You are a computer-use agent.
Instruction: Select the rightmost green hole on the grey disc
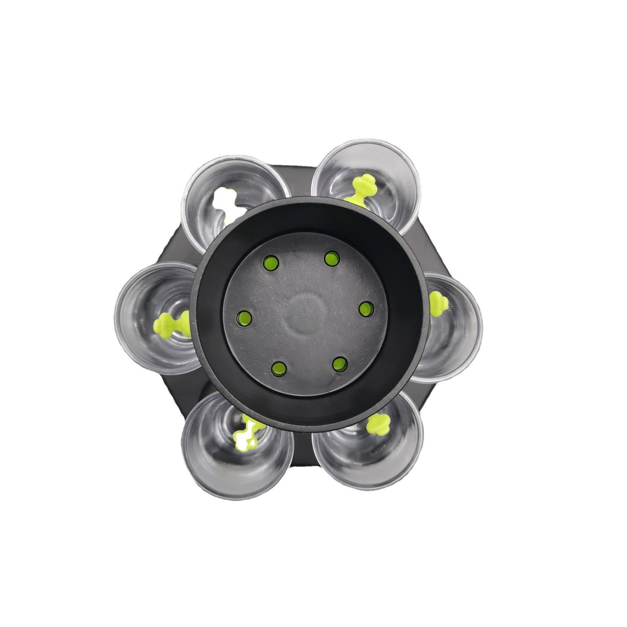click(366, 309)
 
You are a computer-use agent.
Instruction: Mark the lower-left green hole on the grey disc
click(278, 368)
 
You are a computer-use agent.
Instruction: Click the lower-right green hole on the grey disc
click(339, 364)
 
